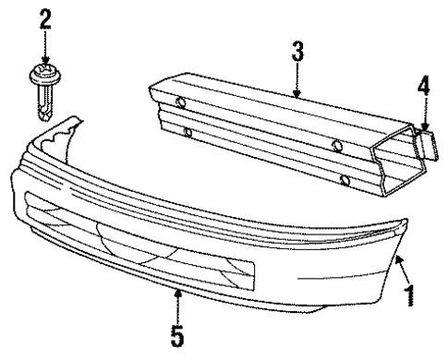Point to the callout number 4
[422, 88]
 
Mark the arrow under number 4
[423, 117]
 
